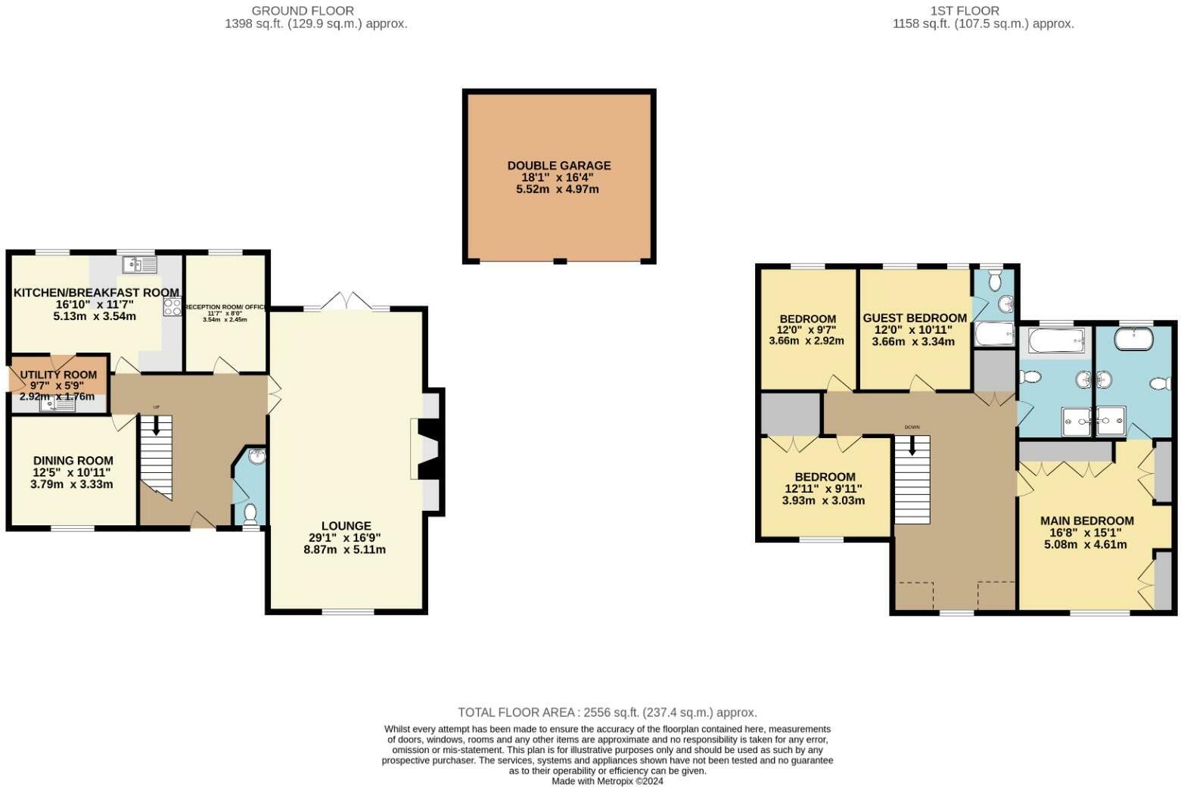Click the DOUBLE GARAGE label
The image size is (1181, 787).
pos(558,166)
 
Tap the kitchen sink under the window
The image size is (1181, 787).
pos(139,265)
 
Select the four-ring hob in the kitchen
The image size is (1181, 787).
pos(172,307)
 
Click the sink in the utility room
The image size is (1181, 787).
pos(58,406)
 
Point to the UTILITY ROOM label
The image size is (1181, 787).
pos(58,375)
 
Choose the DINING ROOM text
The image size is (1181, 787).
pos(73,460)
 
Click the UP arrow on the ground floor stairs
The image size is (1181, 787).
pos(157,425)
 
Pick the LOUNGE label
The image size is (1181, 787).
pos(346,526)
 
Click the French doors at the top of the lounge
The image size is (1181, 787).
pos(346,302)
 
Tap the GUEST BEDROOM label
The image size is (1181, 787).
pos(915,318)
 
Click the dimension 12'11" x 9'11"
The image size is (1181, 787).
pos(824,489)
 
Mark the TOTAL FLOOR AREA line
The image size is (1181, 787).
pos(607,712)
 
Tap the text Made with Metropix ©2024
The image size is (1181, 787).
pos(607,781)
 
